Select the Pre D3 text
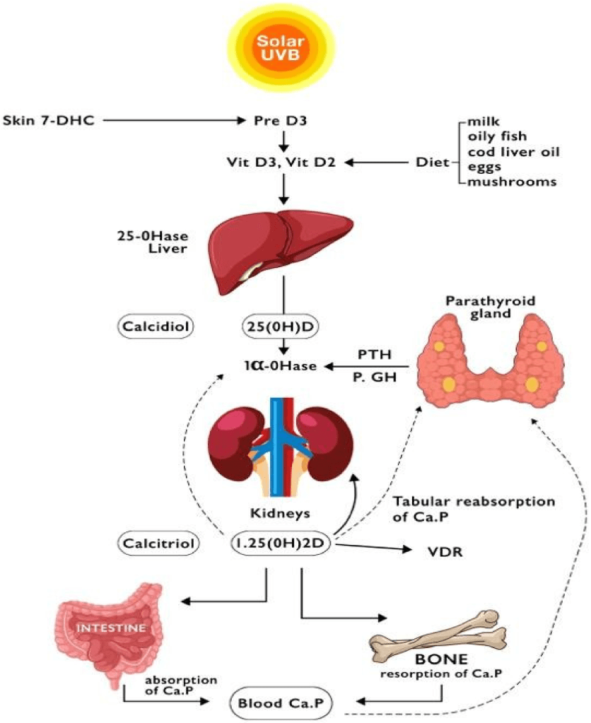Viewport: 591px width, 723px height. point(281,120)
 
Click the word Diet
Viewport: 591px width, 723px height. point(432,162)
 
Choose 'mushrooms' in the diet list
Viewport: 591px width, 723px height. point(511,182)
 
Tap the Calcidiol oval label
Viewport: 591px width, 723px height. point(155,327)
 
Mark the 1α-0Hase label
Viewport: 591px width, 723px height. point(276,365)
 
